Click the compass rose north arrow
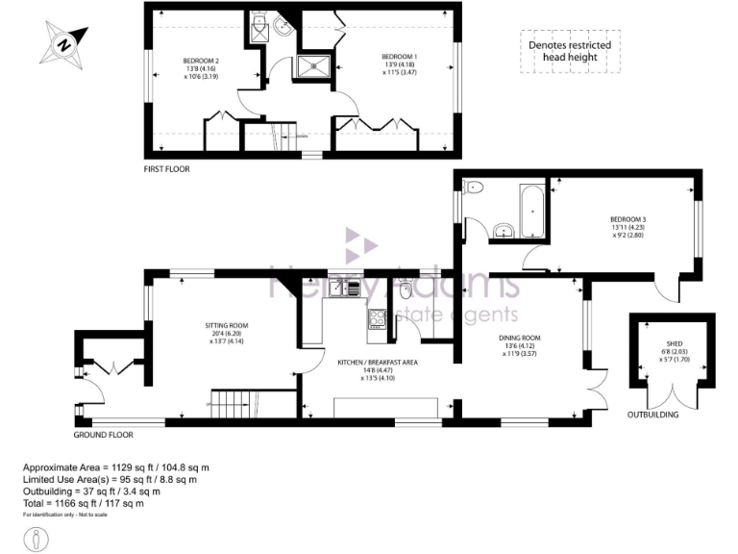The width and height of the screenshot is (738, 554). coord(63,43)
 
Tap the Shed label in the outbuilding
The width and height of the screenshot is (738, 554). coord(674,349)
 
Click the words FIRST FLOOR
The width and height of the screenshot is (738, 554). coord(166,169)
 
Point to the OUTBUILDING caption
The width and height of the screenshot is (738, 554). coord(652,415)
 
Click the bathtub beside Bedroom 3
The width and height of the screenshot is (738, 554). coord(530,211)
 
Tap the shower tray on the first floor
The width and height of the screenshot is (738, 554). coord(313,65)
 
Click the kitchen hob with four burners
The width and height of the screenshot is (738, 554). coord(376,320)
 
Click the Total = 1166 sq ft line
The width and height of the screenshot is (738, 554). coord(84,503)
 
